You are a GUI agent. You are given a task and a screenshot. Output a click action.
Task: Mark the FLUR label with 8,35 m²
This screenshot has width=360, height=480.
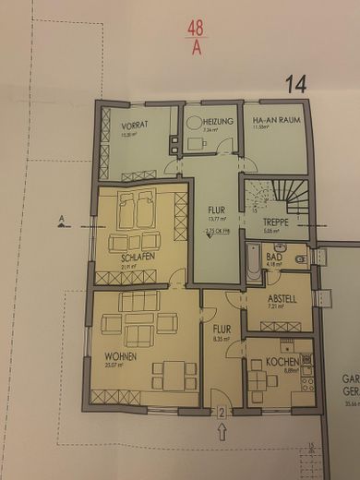tap(222, 328)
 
